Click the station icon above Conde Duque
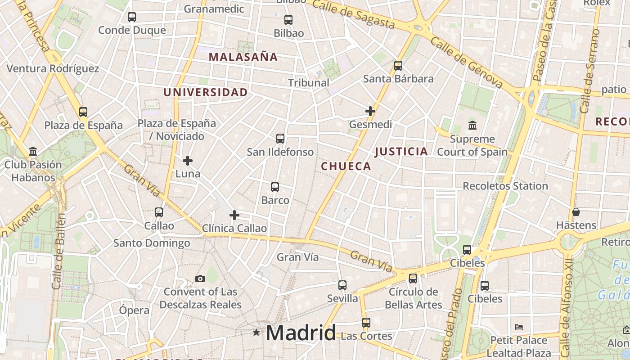(x=131, y=17)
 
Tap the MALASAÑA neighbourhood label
(x=243, y=57)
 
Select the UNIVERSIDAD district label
(x=205, y=92)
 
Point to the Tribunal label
(x=309, y=83)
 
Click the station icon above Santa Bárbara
(x=398, y=66)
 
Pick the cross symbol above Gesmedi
(x=370, y=111)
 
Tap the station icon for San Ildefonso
(x=280, y=139)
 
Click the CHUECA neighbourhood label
(x=346, y=166)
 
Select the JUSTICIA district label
(x=401, y=152)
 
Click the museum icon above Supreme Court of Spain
(x=472, y=125)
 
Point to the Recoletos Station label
(x=505, y=186)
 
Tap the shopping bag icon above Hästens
(x=576, y=212)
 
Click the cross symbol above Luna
(x=188, y=161)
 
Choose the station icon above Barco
(x=275, y=187)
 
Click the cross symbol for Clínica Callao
(x=234, y=215)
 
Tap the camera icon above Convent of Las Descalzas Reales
(x=200, y=279)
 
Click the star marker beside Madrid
(x=256, y=333)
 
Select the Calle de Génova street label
(x=467, y=62)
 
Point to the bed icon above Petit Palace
(x=519, y=327)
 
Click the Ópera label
(x=134, y=310)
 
